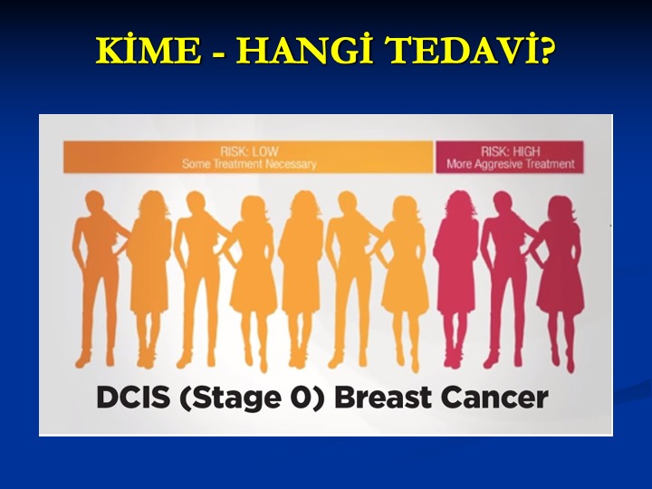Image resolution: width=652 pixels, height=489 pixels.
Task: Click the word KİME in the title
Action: (x=148, y=51)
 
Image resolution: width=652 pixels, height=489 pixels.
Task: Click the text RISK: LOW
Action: (x=250, y=151)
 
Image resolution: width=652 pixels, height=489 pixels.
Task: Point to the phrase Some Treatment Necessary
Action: (x=249, y=164)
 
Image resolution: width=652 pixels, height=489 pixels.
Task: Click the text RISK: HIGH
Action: (x=510, y=151)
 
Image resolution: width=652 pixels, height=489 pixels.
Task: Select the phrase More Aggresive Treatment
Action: (x=510, y=164)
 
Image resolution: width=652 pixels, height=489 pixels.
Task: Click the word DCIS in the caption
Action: (x=133, y=398)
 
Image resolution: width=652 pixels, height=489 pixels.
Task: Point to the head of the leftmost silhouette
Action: (x=95, y=203)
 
